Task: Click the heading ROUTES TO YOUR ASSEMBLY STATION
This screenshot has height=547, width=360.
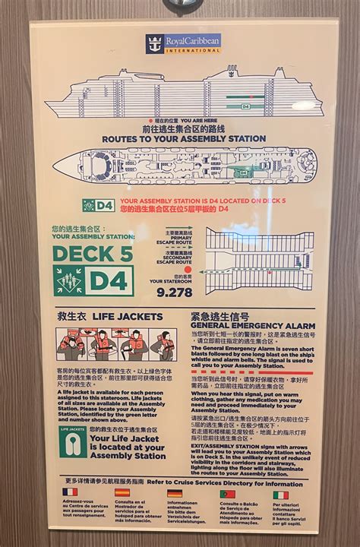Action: pyautogui.click(x=182, y=138)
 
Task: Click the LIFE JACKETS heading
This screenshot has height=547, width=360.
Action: pyautogui.click(x=109, y=315)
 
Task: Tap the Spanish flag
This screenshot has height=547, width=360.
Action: pyautogui.click(x=123, y=494)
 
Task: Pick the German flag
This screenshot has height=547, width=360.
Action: pyautogui.click(x=175, y=494)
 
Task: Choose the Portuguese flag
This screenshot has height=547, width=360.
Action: pyautogui.click(x=228, y=494)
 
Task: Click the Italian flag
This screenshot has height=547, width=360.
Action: pyautogui.click(x=281, y=494)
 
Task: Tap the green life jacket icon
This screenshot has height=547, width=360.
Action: pyautogui.click(x=72, y=444)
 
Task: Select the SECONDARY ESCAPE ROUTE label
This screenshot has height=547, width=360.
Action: pyautogui.click(x=181, y=258)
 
